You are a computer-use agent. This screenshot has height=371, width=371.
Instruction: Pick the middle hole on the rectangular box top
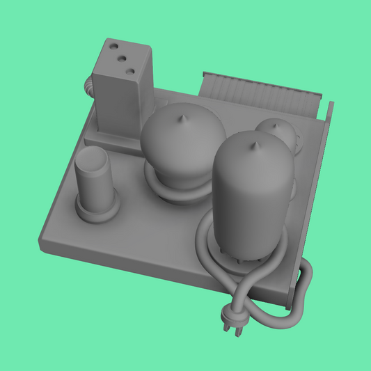pos(118,59)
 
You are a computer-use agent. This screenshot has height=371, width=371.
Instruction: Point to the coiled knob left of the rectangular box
pos(88,86)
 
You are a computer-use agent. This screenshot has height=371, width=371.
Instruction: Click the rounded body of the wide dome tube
pos(182,146)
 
